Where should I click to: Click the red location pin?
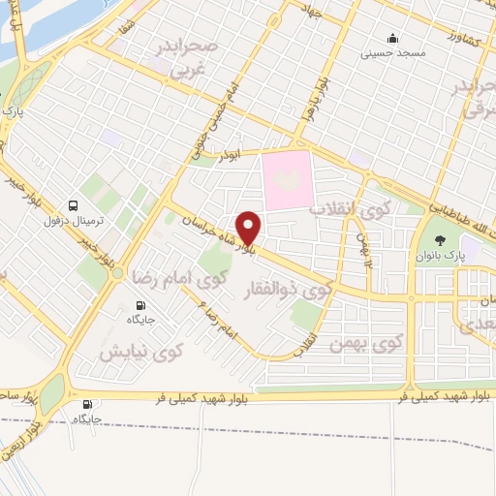(x=249, y=228)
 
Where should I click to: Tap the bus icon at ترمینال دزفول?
(x=74, y=205)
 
